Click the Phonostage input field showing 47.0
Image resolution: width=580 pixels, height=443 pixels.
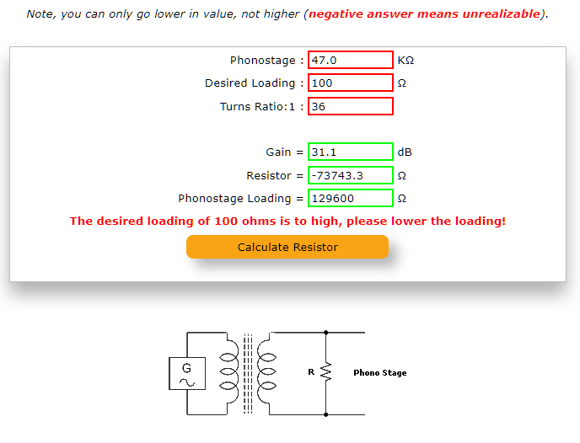351,60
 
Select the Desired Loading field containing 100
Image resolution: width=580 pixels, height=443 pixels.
351,83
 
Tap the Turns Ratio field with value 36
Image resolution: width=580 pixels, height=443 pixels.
351,106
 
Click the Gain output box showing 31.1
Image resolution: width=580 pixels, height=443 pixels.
351,152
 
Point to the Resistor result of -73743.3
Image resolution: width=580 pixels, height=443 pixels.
351,175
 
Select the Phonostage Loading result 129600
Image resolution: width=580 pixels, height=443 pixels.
351,199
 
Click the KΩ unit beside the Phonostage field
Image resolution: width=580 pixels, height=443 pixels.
405,61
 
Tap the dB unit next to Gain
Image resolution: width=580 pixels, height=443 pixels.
405,152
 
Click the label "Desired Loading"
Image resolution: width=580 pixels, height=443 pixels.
250,83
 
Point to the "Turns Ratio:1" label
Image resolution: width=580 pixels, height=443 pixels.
257,106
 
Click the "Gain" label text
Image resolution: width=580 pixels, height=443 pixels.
278,152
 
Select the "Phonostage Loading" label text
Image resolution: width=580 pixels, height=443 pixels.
234,199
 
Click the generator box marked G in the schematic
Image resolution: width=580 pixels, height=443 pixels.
187,373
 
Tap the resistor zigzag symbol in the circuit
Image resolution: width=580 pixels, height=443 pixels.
326,371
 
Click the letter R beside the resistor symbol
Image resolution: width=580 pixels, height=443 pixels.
311,371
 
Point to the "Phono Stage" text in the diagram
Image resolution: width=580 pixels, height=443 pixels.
380,373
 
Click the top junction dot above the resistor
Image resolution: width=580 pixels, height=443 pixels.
326,333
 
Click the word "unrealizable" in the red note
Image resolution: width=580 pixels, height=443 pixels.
502,14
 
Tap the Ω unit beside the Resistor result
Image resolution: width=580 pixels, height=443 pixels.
402,175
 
